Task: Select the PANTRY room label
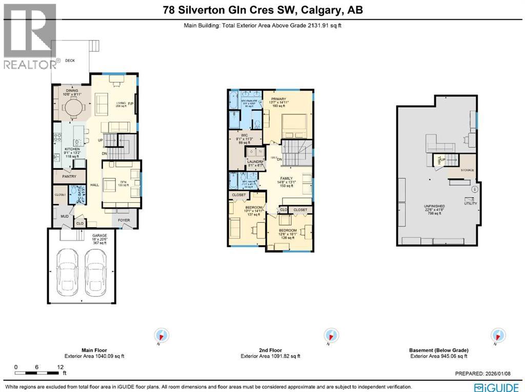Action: (x=69, y=177)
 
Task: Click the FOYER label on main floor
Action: (x=125, y=221)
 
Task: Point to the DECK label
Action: (x=70, y=61)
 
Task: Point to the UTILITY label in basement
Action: (x=470, y=203)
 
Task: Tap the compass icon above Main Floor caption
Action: (x=161, y=336)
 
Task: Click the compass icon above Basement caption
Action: (x=497, y=336)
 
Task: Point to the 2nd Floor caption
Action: (x=270, y=351)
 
